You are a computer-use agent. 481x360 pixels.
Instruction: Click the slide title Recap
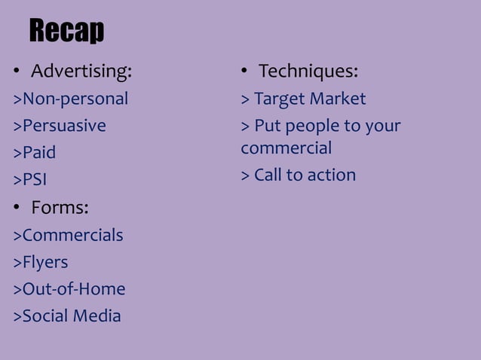tap(66, 32)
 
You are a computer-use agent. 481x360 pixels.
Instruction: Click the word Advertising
tap(81, 72)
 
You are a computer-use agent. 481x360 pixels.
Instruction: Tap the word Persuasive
tap(64, 126)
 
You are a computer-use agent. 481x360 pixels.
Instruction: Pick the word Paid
tap(39, 153)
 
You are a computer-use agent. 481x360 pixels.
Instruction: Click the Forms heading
tap(59, 207)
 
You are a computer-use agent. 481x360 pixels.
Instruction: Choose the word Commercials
tap(72, 235)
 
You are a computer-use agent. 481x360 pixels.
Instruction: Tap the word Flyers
tap(45, 262)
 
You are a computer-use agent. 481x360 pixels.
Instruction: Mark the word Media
tap(96, 316)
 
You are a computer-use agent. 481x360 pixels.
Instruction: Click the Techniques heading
tap(308, 72)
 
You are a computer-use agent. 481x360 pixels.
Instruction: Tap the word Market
tap(338, 99)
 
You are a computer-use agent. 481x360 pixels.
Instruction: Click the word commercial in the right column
tap(286, 148)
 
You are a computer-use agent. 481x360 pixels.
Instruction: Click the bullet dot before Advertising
tap(15, 73)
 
